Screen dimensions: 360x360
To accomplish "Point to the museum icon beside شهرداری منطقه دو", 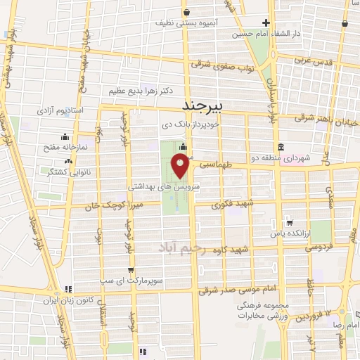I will coord(281,147).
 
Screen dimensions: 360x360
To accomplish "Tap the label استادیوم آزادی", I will coord(78,111).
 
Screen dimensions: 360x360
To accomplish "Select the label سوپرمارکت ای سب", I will coord(164,270).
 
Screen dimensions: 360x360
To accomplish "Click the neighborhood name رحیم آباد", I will coord(181,247).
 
